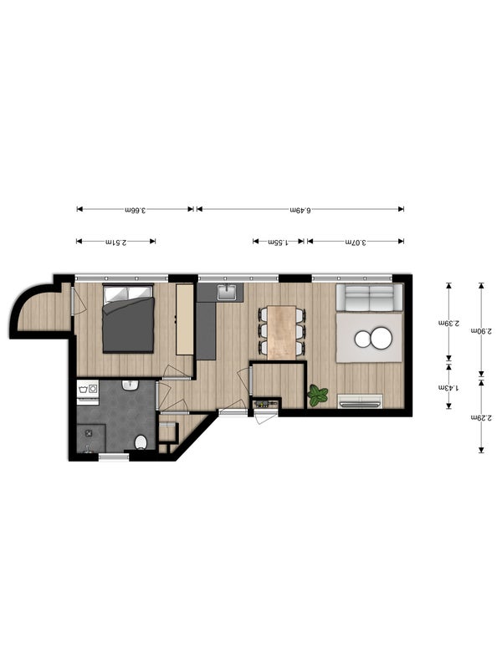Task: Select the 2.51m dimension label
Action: pyautogui.click(x=115, y=242)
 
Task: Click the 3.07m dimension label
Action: pyautogui.click(x=356, y=242)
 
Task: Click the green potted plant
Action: pyautogui.click(x=317, y=395)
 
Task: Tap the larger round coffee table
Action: pyautogui.click(x=382, y=339)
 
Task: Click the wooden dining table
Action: pyautogui.click(x=282, y=332)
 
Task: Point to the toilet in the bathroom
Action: pyautogui.click(x=141, y=442)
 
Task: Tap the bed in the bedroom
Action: pyautogui.click(x=128, y=319)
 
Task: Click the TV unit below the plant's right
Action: pyautogui.click(x=360, y=401)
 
